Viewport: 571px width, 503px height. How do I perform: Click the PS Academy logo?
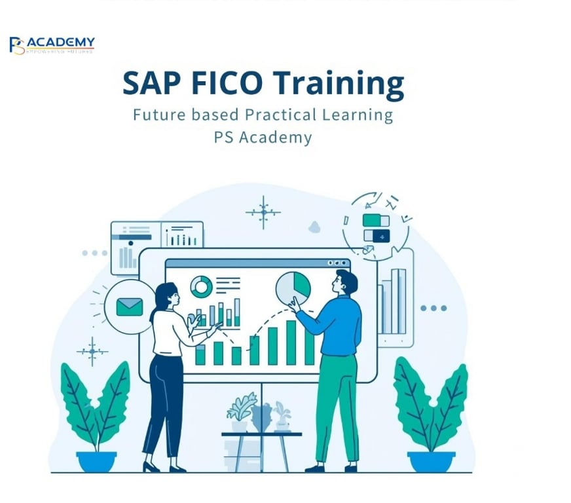52,45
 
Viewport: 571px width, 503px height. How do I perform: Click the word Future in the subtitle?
156,115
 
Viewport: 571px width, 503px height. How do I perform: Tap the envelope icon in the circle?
129,306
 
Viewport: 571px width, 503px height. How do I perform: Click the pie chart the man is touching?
293,286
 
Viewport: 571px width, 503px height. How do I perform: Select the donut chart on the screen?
201,286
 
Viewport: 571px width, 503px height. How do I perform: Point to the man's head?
345,282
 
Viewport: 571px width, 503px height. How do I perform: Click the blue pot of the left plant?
96,461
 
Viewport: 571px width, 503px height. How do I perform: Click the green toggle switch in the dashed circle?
376,221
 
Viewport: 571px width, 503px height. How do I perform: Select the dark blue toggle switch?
377,236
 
